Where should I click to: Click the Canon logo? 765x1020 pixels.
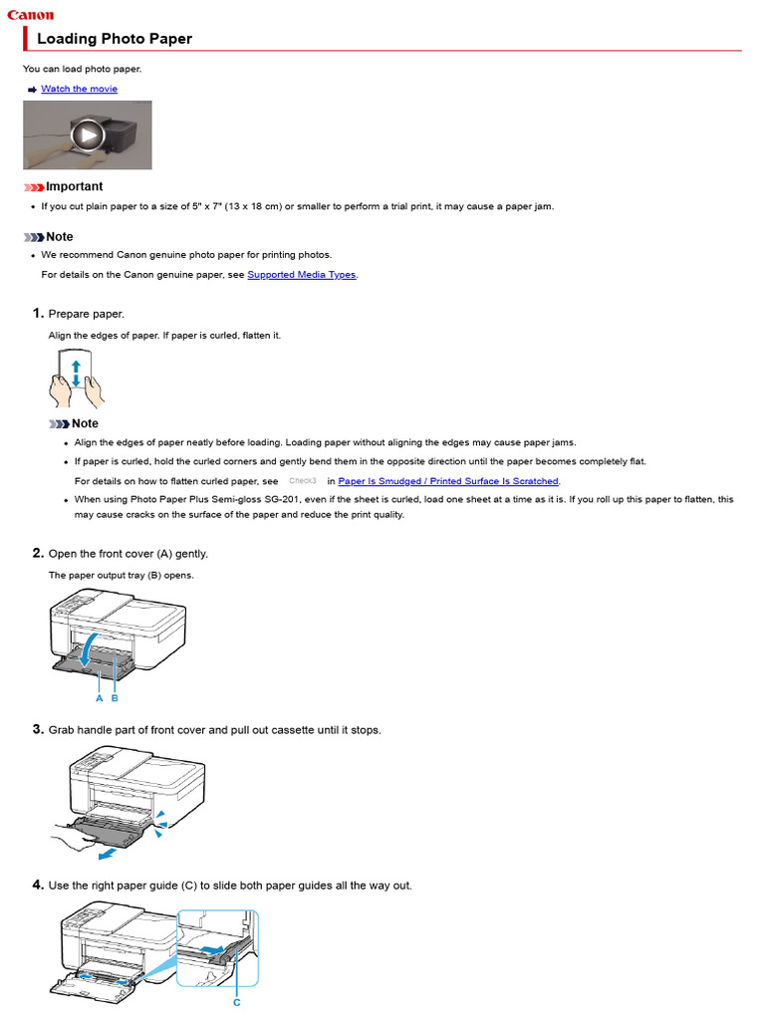coord(31,15)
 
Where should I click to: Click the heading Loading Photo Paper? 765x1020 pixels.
coord(115,39)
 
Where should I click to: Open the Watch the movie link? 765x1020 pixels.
coord(79,89)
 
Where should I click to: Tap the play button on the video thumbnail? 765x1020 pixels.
coord(88,134)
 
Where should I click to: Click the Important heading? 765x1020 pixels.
coord(74,186)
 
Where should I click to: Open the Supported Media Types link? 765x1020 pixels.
coord(301,275)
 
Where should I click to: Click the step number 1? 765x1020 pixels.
coord(38,314)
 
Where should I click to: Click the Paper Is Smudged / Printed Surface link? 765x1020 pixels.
coord(448,481)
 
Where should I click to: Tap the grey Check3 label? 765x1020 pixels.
coord(302,481)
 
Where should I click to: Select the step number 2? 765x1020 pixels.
coord(38,553)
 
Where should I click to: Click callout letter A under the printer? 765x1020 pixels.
coord(100,698)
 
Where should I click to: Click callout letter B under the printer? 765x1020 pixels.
coord(115,698)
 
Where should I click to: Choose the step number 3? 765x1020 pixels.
coord(38,729)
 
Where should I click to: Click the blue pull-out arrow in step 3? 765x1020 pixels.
coord(101,853)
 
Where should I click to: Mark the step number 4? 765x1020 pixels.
coord(38,885)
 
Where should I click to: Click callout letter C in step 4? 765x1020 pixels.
coord(236,1002)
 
